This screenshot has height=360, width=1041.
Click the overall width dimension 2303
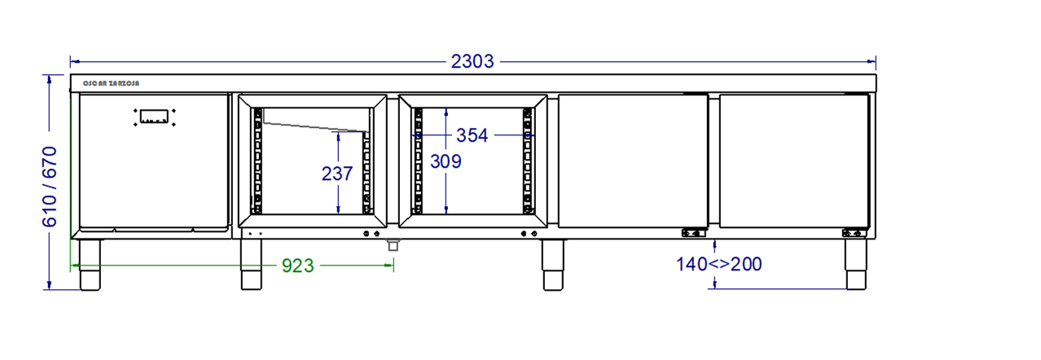click(x=472, y=61)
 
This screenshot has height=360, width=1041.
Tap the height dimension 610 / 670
click(x=49, y=187)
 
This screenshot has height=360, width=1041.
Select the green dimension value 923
click(x=298, y=266)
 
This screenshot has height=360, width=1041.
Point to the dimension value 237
click(x=337, y=173)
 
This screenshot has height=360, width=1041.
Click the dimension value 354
click(x=472, y=135)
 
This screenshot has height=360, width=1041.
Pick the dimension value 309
click(x=446, y=161)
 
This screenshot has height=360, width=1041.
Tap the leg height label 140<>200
click(x=719, y=264)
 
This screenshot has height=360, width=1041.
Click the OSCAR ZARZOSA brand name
click(x=111, y=83)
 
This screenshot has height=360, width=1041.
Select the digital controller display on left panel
click(x=154, y=116)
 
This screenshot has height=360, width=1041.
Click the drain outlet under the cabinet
click(x=393, y=245)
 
